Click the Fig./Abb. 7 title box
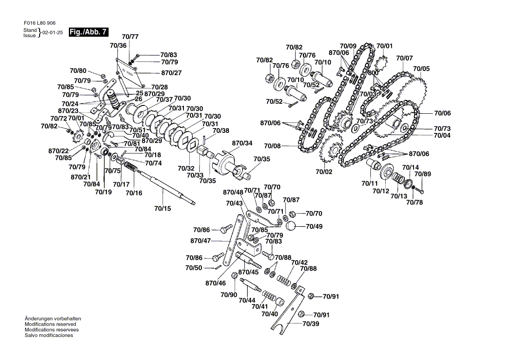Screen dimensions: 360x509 pyautogui.click(x=88, y=32)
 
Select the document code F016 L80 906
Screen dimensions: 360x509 pyautogui.click(x=40, y=23)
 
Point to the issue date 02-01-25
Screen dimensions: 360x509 pyautogui.click(x=52, y=33)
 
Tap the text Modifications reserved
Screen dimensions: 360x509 pyautogui.click(x=51, y=324)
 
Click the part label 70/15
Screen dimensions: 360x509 pyautogui.click(x=163, y=208)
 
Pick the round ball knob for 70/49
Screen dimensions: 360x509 pyautogui.click(x=291, y=226)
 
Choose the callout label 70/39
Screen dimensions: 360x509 pyautogui.click(x=311, y=324)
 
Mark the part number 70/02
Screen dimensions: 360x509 pyautogui.click(x=324, y=172)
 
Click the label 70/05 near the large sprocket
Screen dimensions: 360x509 pyautogui.click(x=421, y=68)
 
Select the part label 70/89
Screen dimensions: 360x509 pyautogui.click(x=423, y=174)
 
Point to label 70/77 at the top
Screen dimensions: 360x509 pyautogui.click(x=130, y=37)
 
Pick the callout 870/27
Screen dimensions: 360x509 pyautogui.click(x=172, y=73)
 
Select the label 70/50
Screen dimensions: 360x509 pyautogui.click(x=193, y=268)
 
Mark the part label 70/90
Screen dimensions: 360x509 pyautogui.click(x=229, y=295)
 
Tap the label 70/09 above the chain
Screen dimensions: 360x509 pyautogui.click(x=348, y=46)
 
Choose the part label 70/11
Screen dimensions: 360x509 pyautogui.click(x=370, y=183)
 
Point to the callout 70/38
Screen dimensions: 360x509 pyautogui.click(x=221, y=130)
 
